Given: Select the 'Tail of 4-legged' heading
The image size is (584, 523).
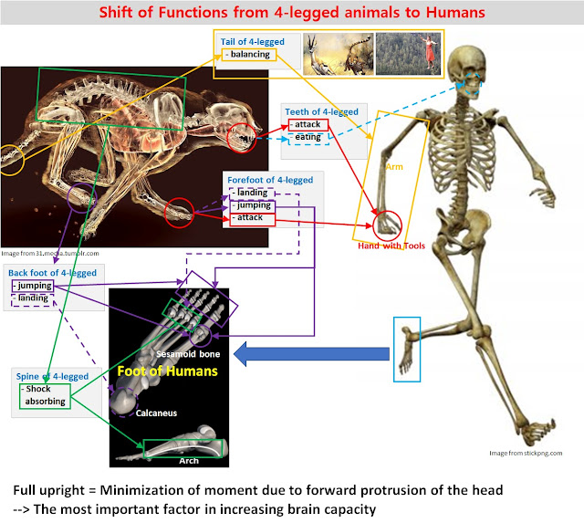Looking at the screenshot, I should click(x=253, y=42).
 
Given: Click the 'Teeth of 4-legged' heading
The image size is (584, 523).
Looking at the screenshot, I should click(x=321, y=112).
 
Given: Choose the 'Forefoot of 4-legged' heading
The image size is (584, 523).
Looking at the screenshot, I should click(x=272, y=180).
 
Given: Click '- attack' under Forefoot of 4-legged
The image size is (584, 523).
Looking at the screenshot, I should click(x=250, y=219).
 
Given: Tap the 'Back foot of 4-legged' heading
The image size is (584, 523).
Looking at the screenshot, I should click(x=52, y=273).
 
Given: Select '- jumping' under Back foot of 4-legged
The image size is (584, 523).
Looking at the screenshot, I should click(x=33, y=286).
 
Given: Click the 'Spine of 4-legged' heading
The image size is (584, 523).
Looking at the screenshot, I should click(x=52, y=376).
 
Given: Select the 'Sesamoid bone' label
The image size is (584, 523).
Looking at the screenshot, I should click(x=188, y=350).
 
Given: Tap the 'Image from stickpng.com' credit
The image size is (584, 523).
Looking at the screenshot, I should click(x=524, y=454).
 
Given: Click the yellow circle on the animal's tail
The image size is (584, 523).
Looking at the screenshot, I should click(x=12, y=160).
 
